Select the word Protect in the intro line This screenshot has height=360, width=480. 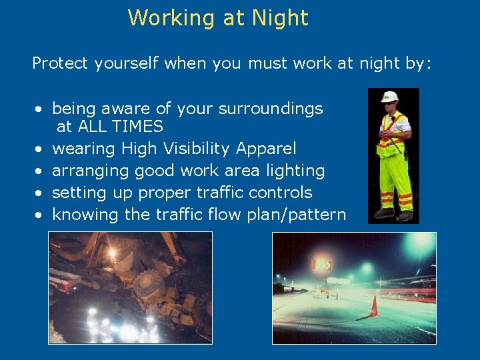(x=61, y=63)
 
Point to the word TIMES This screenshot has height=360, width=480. (x=137, y=126)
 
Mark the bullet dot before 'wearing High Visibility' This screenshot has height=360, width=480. (x=40, y=149)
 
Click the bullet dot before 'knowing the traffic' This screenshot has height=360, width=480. (x=40, y=215)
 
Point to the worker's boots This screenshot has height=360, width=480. (x=395, y=215)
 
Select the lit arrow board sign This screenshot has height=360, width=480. (x=322, y=266)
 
